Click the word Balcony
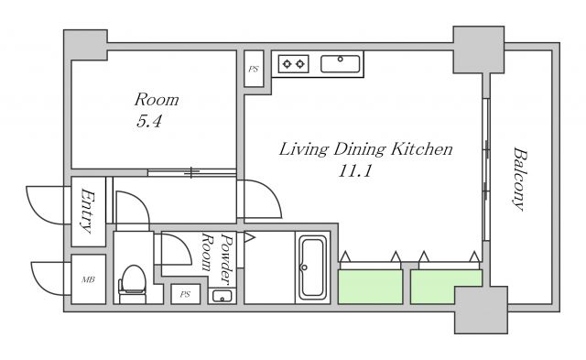[519, 180]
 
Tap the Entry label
[88, 212]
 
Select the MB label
[88, 279]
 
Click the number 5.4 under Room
[148, 122]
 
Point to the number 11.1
[354, 171]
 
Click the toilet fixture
[132, 284]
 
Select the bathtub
[312, 267]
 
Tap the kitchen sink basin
[341, 63]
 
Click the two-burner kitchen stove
[293, 64]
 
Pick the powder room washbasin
[222, 296]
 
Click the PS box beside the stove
[254, 69]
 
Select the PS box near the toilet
[185, 294]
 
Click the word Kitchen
[421, 148]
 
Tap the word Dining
[359, 149]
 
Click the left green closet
[370, 287]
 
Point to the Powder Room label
[217, 257]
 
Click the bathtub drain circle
[304, 267]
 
